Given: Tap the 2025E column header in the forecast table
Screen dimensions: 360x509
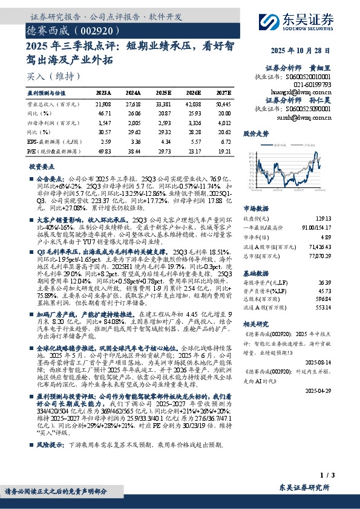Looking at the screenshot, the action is [x=163, y=93].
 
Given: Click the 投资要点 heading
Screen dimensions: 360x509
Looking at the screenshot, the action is [x=41, y=166].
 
